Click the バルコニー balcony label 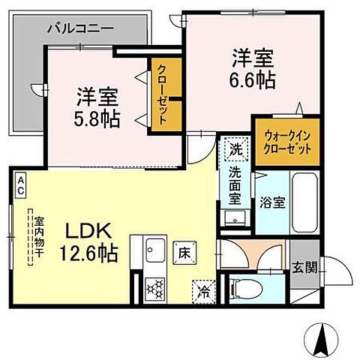(80, 29)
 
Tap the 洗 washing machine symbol (235, 148)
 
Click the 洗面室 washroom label (235, 186)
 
